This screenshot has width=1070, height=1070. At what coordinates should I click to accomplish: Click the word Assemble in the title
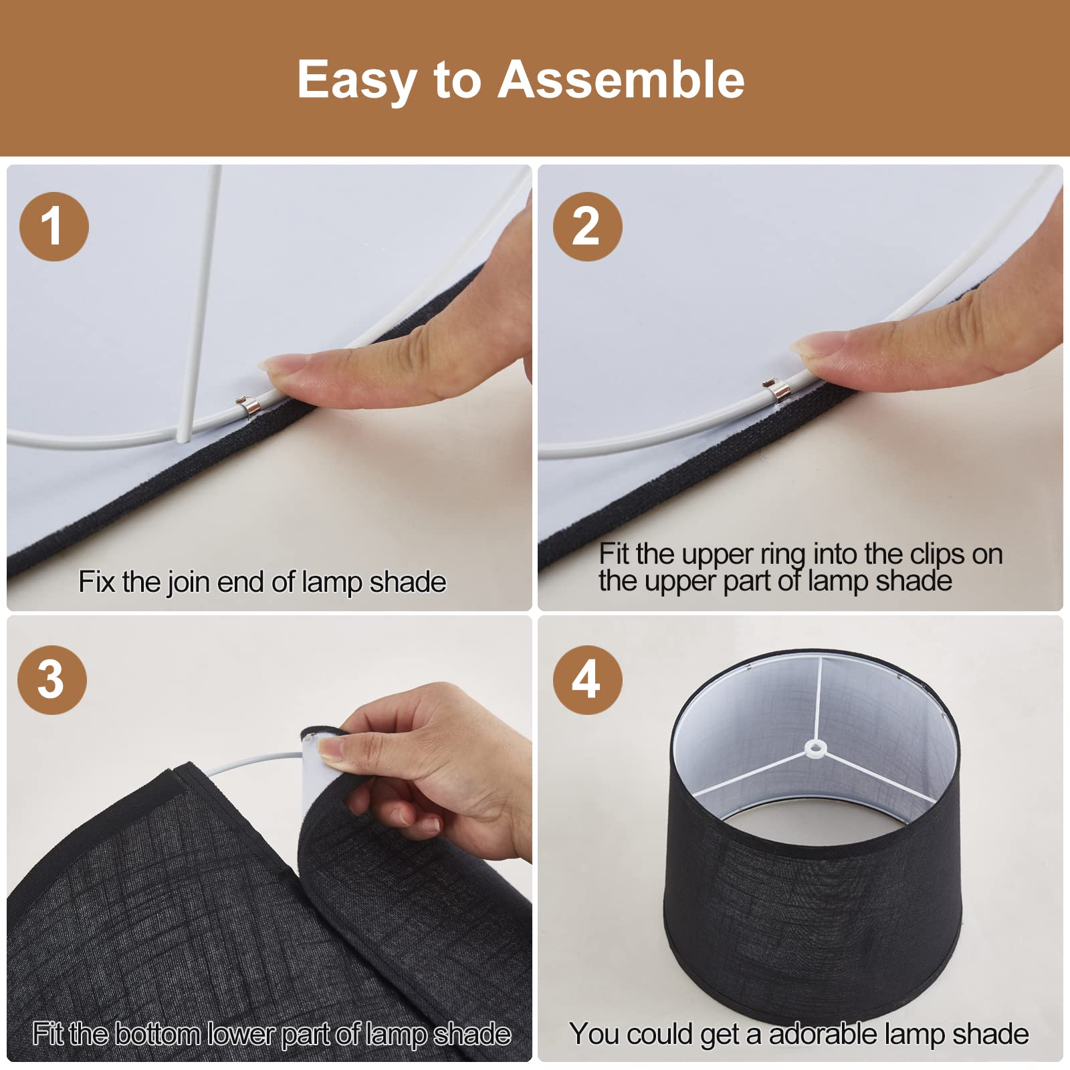point(621,80)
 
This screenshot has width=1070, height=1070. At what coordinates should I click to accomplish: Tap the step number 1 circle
point(54,227)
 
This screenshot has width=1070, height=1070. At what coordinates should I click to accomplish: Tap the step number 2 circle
point(587,227)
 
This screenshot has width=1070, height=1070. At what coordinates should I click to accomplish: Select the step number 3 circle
point(52,680)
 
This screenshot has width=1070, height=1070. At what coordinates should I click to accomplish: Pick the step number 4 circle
point(587,680)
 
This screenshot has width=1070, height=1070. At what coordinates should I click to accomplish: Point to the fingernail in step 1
point(276,364)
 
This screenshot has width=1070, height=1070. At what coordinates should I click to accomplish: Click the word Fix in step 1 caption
point(98,581)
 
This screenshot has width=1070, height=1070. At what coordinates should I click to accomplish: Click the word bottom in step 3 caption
point(157,1035)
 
